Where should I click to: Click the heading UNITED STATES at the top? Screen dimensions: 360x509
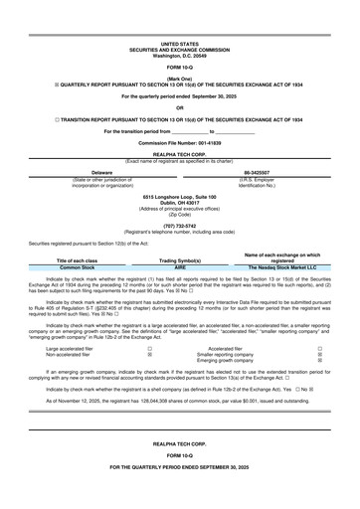click(x=179, y=45)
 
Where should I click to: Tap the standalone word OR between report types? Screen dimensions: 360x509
click(x=179, y=107)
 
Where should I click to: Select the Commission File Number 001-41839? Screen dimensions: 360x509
click(x=179, y=143)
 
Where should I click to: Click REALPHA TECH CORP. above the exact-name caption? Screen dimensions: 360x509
click(x=179, y=154)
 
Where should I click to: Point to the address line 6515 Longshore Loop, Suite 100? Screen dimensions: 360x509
click(x=179, y=197)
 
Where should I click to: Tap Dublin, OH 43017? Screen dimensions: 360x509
click(x=179, y=203)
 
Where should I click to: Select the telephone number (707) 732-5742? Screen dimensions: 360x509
click(x=179, y=225)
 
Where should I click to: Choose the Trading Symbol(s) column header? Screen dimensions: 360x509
click(x=179, y=260)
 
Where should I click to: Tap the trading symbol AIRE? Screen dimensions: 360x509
click(x=179, y=267)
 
